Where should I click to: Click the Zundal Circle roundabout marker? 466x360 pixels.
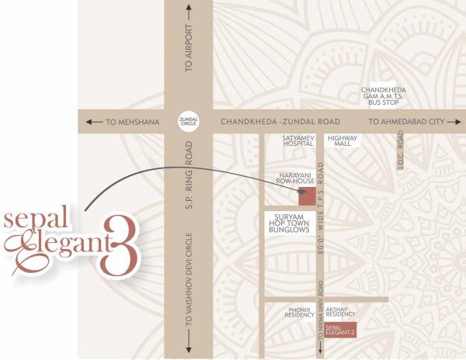pos(187,122)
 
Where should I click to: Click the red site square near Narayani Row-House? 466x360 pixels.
pos(308,196)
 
